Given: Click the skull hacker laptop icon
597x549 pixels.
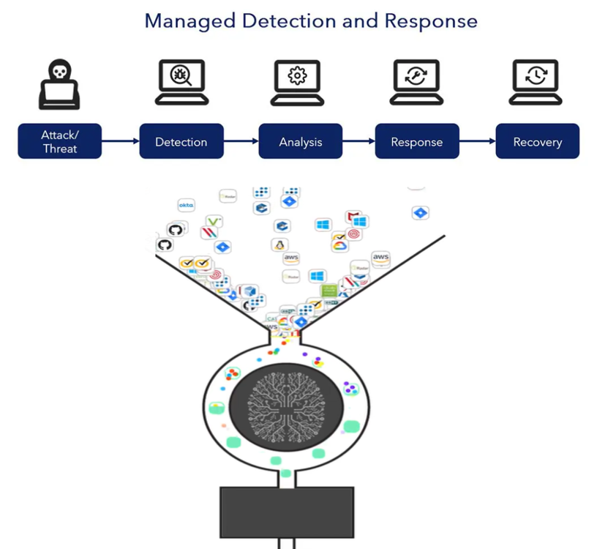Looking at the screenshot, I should pos(59,85).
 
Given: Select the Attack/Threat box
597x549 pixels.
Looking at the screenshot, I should pos(59,142).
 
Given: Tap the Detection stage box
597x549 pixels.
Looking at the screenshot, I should pos(181,142).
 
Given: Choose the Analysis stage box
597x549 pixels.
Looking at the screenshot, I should pos(300,142).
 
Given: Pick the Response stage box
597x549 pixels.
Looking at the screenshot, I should pos(416,142).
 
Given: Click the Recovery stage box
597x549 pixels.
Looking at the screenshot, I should pos(537,142).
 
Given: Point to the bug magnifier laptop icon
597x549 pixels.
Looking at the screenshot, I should pos(180,81).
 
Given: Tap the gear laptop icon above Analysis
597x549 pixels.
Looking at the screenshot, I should pos(298,81).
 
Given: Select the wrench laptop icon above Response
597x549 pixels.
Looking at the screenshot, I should pos(416,81).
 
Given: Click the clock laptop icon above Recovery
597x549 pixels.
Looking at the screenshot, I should pos(536,81).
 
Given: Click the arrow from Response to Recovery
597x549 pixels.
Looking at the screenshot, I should pos(477,141).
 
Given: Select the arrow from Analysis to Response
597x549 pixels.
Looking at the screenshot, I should pos(358,141).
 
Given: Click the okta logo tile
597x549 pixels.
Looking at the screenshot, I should pos(186,206).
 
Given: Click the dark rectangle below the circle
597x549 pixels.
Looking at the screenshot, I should pos(287,512).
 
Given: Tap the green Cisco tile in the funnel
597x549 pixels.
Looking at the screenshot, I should pos(328,291).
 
